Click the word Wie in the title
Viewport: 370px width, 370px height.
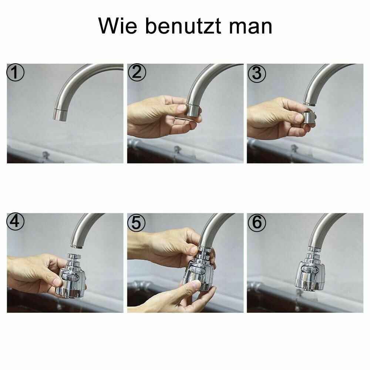click(x=117, y=26)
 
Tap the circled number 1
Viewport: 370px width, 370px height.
click(x=16, y=73)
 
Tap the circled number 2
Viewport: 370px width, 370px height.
click(x=137, y=73)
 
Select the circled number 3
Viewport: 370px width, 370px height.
click(x=256, y=73)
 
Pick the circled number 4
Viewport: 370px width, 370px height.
click(x=16, y=222)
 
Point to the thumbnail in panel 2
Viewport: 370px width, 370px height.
click(x=181, y=108)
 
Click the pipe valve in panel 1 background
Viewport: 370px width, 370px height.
click(x=46, y=155)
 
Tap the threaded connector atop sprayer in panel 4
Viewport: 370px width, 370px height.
click(x=75, y=257)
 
